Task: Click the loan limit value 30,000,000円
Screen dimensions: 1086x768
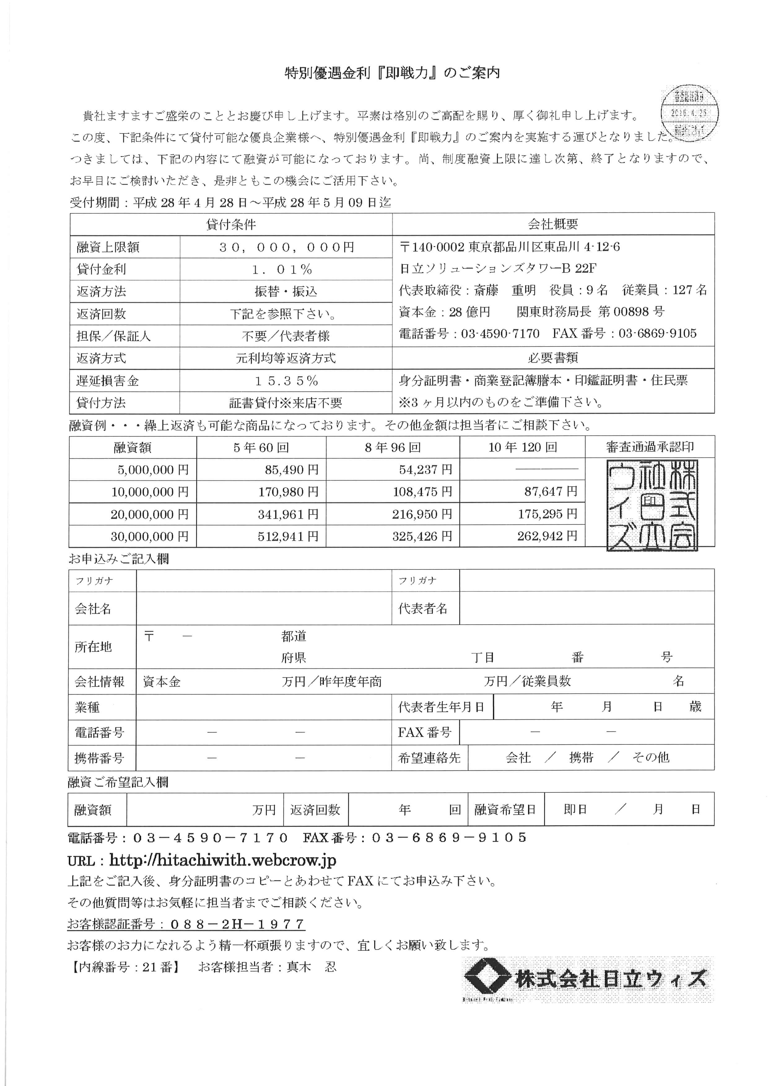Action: pos(286,247)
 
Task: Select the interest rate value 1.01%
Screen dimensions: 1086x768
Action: pos(282,270)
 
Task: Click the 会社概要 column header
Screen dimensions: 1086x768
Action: pos(553,224)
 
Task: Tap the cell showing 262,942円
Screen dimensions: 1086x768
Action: pos(547,536)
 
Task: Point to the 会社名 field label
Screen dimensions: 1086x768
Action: pos(93,609)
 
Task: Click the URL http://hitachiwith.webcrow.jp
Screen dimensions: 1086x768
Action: pos(223,860)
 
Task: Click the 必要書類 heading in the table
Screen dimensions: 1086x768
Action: pos(553,358)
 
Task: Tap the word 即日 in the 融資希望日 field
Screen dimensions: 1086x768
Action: pos(575,809)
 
